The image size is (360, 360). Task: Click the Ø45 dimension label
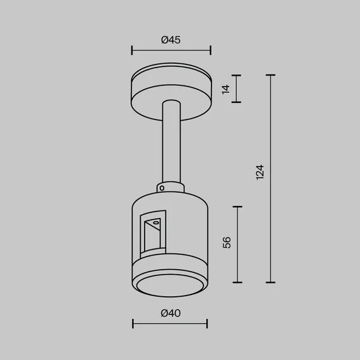click(x=171, y=40)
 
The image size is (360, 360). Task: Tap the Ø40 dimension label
click(x=171, y=313)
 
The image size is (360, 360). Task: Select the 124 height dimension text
click(x=260, y=172)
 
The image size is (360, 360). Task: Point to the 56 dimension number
click(x=227, y=243)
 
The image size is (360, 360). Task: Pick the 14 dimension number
click(x=225, y=89)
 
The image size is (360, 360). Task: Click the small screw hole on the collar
click(x=162, y=188)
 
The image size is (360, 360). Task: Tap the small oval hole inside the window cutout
click(x=155, y=222)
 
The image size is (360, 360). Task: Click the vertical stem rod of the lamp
click(x=171, y=142)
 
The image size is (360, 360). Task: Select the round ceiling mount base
click(x=171, y=92)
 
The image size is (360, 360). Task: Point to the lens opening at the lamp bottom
click(x=170, y=285)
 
